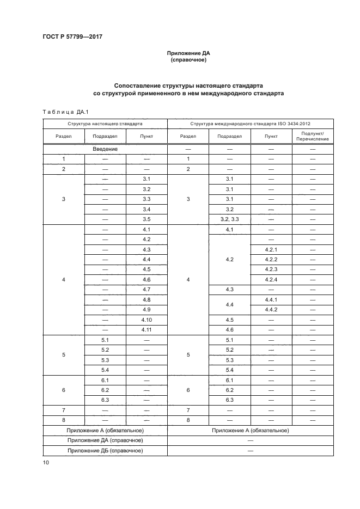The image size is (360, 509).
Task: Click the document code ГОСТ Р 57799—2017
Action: tap(72, 37)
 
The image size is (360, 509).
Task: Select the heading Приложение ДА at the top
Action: tap(188, 53)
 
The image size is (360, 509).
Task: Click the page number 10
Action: tap(46, 462)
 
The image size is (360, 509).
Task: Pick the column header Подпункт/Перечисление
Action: tap(312, 136)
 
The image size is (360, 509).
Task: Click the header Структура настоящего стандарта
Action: tap(105, 124)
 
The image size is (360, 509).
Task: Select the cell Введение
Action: tap(105, 148)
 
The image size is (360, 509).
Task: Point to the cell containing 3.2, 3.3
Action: tap(229, 219)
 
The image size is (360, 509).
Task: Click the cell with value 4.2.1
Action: tap(271, 249)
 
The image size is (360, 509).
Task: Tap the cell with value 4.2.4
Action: tap(271, 279)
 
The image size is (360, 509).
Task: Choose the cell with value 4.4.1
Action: tap(271, 299)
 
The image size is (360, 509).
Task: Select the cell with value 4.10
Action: tap(147, 320)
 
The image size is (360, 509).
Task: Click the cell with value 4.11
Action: tap(147, 330)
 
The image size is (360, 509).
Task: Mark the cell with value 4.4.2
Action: tap(271, 310)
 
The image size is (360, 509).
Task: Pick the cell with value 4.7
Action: tap(147, 290)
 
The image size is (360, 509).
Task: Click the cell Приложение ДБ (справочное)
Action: tap(105, 451)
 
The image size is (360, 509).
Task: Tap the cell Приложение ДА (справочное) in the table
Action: tap(105, 440)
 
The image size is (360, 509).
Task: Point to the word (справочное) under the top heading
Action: tap(188, 60)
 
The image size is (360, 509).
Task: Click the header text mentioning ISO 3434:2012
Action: tap(251, 124)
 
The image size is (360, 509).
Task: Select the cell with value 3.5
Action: tap(147, 219)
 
